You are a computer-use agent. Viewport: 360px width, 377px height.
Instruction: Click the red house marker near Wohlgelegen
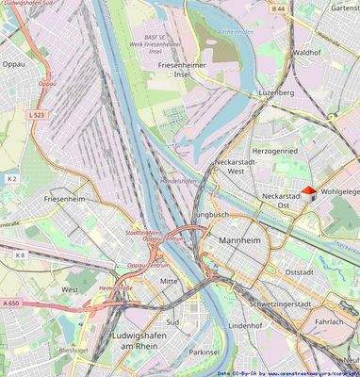point(308,192)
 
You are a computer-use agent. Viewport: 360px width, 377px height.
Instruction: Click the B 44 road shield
point(278,8)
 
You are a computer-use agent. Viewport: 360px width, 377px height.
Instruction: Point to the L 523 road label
point(37,114)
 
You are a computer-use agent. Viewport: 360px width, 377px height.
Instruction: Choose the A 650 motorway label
point(10,303)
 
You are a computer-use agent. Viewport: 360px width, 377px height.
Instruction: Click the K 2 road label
point(12,177)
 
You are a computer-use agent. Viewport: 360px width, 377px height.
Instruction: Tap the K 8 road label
point(20,254)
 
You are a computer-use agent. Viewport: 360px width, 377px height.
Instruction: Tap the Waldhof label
point(307,54)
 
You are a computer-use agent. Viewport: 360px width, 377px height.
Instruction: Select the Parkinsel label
point(204,352)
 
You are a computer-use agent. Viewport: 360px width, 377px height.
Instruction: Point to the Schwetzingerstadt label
point(285,304)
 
